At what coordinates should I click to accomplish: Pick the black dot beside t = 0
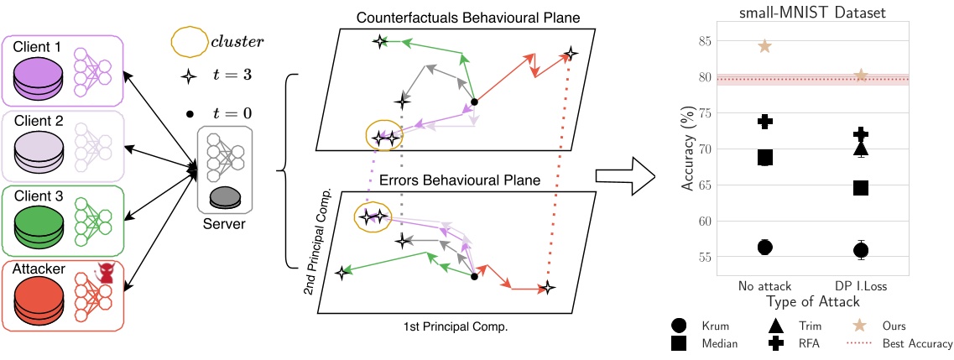pos(190,113)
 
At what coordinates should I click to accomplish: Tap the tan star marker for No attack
pos(764,46)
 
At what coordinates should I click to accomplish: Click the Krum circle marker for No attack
pos(764,247)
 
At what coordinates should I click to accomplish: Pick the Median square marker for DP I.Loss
pos(861,188)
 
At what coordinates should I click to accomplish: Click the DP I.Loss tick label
pos(861,285)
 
